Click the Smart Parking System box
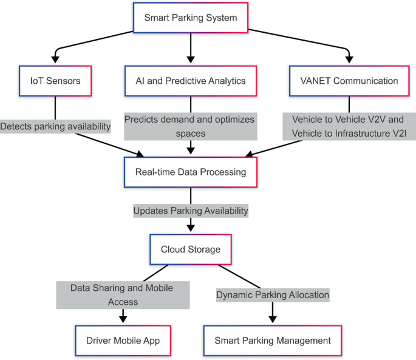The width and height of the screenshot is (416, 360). (191, 18)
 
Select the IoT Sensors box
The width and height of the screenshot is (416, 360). (55, 81)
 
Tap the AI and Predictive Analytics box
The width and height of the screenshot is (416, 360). (191, 81)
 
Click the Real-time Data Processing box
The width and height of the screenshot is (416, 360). (191, 172)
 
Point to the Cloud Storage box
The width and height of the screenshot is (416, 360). (191, 250)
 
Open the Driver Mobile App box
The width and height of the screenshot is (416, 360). (123, 341)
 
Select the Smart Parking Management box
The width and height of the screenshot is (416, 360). (273, 341)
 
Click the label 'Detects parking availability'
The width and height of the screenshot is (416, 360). (55, 126)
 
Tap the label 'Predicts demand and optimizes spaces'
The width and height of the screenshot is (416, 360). (189, 126)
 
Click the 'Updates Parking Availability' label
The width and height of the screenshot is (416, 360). (191, 211)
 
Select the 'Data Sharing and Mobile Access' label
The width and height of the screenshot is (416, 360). (123, 294)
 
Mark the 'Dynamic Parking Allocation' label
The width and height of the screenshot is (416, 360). (273, 295)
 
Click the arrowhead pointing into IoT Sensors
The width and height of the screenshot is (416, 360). (55, 59)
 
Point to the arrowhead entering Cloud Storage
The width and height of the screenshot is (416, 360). (191, 228)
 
